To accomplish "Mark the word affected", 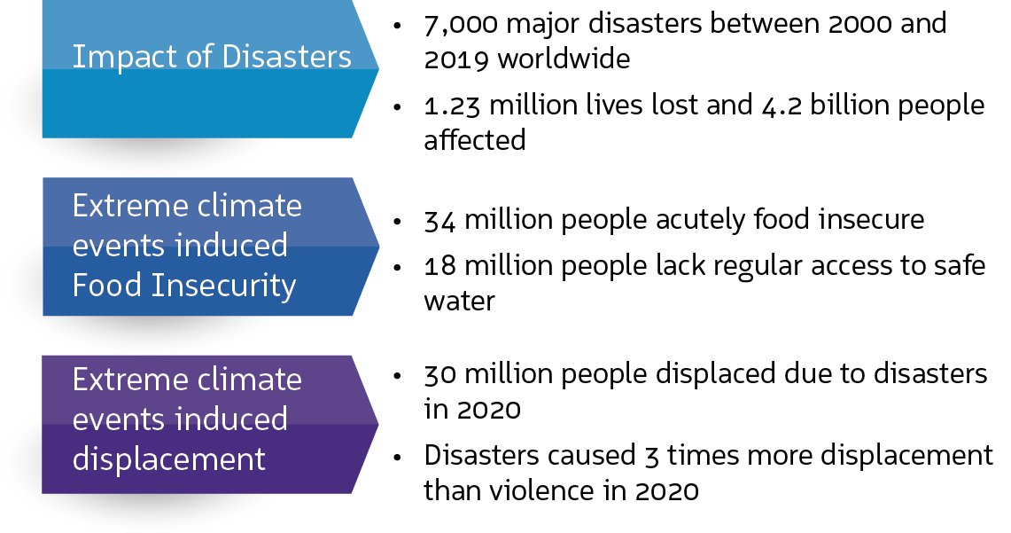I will click(x=474, y=140).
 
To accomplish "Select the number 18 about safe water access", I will click(x=441, y=265).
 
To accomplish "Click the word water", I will click(x=459, y=301).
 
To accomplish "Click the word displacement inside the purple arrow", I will click(x=169, y=459).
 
